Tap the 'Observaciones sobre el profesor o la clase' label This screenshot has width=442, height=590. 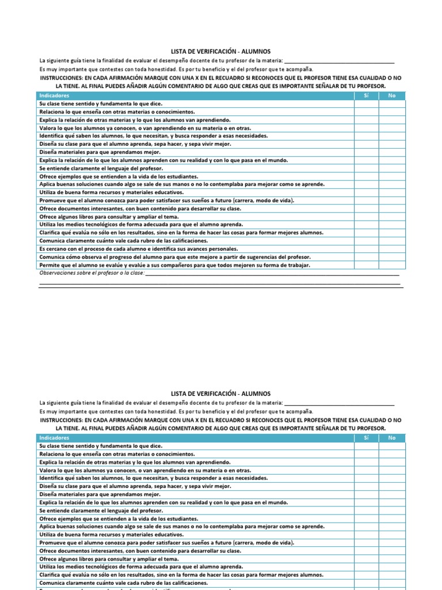pos(92,273)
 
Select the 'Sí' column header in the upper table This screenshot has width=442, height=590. pos(366,96)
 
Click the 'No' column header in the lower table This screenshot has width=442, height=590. pos(392,438)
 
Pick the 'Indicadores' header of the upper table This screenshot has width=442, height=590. pos(54,96)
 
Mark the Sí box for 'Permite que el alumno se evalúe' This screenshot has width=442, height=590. pos(366,265)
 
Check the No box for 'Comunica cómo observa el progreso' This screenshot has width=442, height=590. pos(392,257)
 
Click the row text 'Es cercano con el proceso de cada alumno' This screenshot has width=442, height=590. pos(138,249)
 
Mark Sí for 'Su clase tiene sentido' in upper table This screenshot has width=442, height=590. pos(366,104)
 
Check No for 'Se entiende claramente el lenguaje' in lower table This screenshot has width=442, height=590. pos(392,510)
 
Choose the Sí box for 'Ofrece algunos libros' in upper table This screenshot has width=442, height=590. pos(366,217)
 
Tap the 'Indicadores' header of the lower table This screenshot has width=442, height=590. pos(54,438)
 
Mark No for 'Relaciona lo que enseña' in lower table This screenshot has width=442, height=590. pos(392,454)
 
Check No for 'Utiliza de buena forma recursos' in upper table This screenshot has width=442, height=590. pos(392,192)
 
